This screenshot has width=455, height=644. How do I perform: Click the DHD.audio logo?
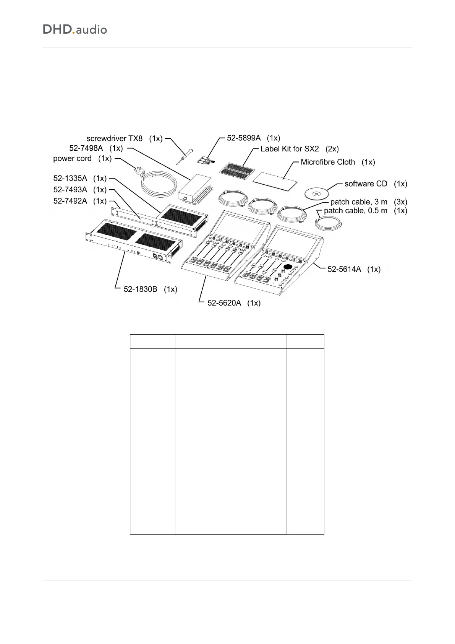pyautogui.click(x=75, y=29)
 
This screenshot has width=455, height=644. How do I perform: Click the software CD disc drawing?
pyautogui.click(x=317, y=194)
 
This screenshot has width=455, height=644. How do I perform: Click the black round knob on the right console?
pyautogui.click(x=288, y=267)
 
